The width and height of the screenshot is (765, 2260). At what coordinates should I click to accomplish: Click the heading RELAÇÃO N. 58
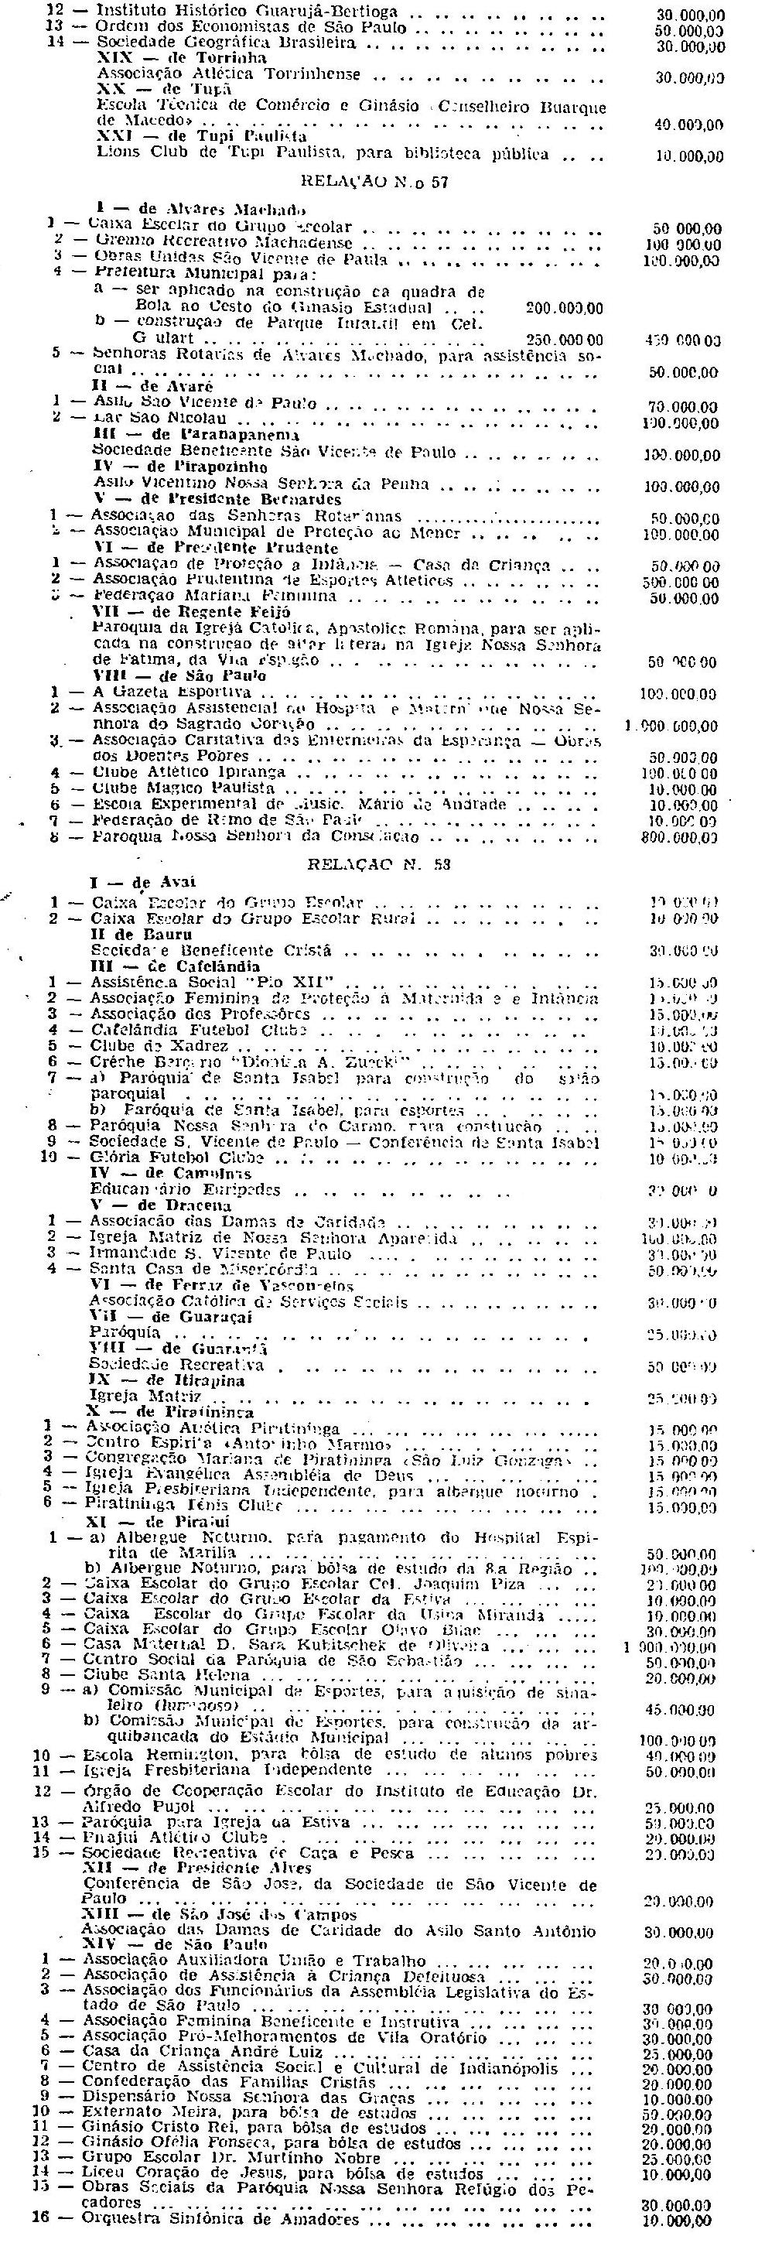pos(380,863)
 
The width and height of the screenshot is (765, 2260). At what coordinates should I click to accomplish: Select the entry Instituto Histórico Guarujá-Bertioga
pos(247,12)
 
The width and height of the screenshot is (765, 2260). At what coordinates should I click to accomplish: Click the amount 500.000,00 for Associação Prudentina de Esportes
pos(680,582)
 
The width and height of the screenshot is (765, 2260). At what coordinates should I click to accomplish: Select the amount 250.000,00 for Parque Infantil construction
pos(564,340)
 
